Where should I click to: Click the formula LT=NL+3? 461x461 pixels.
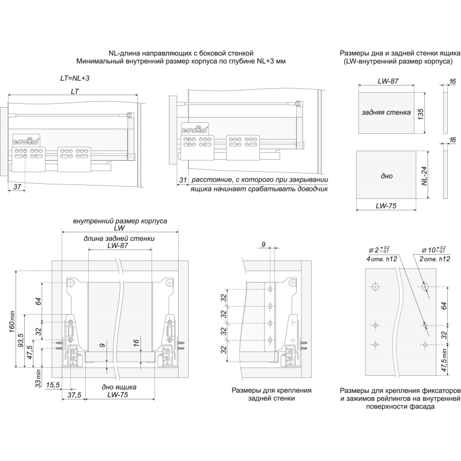pyautogui.click(x=75, y=78)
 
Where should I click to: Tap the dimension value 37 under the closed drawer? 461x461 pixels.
pyautogui.click(x=17, y=186)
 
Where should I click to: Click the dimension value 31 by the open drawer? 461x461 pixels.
pyautogui.click(x=183, y=180)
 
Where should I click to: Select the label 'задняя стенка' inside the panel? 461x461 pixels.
pyautogui.click(x=386, y=112)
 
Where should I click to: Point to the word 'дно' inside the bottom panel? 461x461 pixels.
pyautogui.click(x=387, y=176)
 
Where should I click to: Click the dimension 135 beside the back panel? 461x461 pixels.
pyautogui.click(x=421, y=114)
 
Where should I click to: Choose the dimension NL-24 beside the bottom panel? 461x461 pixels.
pyautogui.click(x=424, y=176)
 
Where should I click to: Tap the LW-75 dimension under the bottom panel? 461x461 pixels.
pyautogui.click(x=386, y=206)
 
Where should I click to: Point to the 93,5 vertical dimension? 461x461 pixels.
pyautogui.click(x=21, y=340)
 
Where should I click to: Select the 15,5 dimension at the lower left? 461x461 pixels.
pyautogui.click(x=53, y=384)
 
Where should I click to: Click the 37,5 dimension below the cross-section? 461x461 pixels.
pyautogui.click(x=74, y=395)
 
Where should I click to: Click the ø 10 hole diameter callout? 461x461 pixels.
pyautogui.click(x=434, y=250)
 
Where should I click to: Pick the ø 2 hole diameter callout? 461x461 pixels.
pyautogui.click(x=379, y=250)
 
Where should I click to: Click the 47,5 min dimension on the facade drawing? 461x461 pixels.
pyautogui.click(x=444, y=360)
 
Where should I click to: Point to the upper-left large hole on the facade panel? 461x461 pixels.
pyautogui.click(x=375, y=287)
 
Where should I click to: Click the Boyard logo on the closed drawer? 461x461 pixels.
pyautogui.click(x=26, y=140)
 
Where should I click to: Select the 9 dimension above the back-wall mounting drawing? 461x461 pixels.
pyautogui.click(x=263, y=244)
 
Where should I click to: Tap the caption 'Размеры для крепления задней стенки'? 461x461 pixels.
pyautogui.click(x=271, y=394)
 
